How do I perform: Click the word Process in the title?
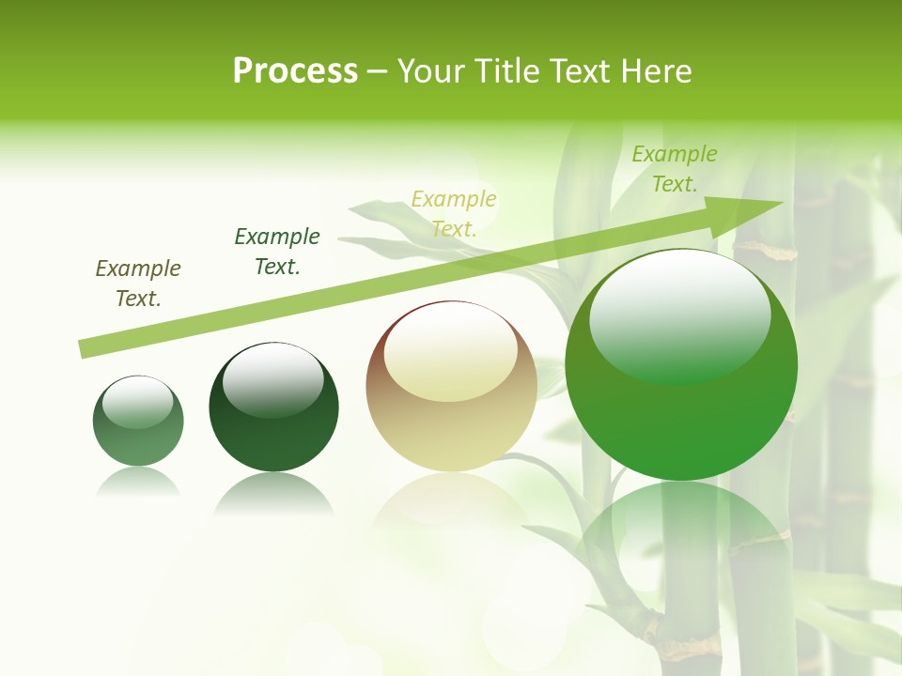(x=295, y=70)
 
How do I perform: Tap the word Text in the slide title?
(x=579, y=70)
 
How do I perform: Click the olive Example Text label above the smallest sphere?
(x=138, y=284)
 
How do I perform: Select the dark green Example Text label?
(x=277, y=252)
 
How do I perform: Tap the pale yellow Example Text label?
(x=454, y=213)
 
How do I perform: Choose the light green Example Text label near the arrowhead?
(x=675, y=169)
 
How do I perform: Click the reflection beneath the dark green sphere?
(x=273, y=493)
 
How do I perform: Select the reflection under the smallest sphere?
(x=138, y=481)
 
